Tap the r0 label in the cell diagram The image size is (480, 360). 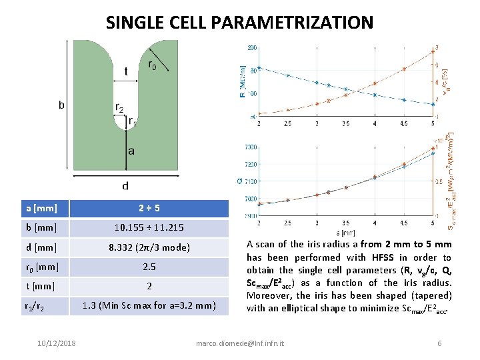click(153, 65)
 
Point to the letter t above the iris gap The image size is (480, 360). click(126, 71)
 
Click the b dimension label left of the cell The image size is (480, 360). click(62, 105)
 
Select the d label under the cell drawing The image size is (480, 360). click(125, 185)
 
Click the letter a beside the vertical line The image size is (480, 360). click(131, 151)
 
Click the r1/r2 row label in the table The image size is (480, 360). click(37, 307)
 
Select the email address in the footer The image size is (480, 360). click(239, 343)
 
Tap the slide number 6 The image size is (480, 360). click(439, 343)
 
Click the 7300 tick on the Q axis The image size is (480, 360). click(251, 147)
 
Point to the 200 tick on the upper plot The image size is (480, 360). click(252, 48)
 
